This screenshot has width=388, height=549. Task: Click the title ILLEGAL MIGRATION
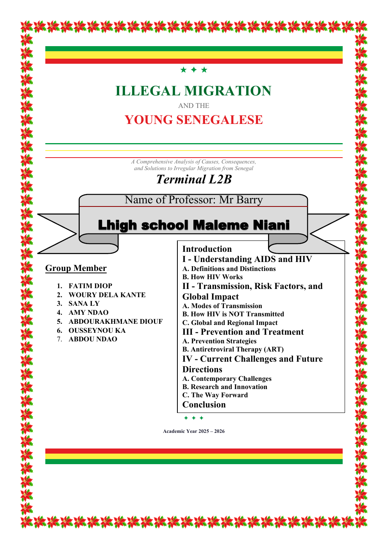pos(193,91)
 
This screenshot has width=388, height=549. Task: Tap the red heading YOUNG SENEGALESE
pos(193,120)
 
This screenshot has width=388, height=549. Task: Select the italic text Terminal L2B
pos(194,179)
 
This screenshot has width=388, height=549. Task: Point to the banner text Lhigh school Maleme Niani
pos(193,225)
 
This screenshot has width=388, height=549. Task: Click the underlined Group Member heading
pos(76,268)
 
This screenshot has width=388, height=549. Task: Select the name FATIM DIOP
pos(90,286)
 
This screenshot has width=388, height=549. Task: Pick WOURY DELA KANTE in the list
pos(107,295)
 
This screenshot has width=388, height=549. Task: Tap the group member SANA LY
pos(84,303)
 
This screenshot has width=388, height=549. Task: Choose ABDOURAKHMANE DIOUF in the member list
pos(116,321)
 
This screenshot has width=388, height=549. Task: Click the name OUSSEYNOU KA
pos(97,330)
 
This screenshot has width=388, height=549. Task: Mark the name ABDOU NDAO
pos(93,339)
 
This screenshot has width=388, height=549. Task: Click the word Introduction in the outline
pos(207,249)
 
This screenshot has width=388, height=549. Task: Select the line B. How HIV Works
pos(213,277)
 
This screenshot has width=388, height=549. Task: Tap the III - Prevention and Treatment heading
pos(243,332)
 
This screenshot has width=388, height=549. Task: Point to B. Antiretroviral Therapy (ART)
pos(233,349)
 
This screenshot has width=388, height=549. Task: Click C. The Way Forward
pos(215,395)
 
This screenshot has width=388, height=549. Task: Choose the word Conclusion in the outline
pos(204,405)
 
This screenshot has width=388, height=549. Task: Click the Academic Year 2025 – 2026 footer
pos(194,431)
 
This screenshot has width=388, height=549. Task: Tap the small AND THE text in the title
pos(194,106)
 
